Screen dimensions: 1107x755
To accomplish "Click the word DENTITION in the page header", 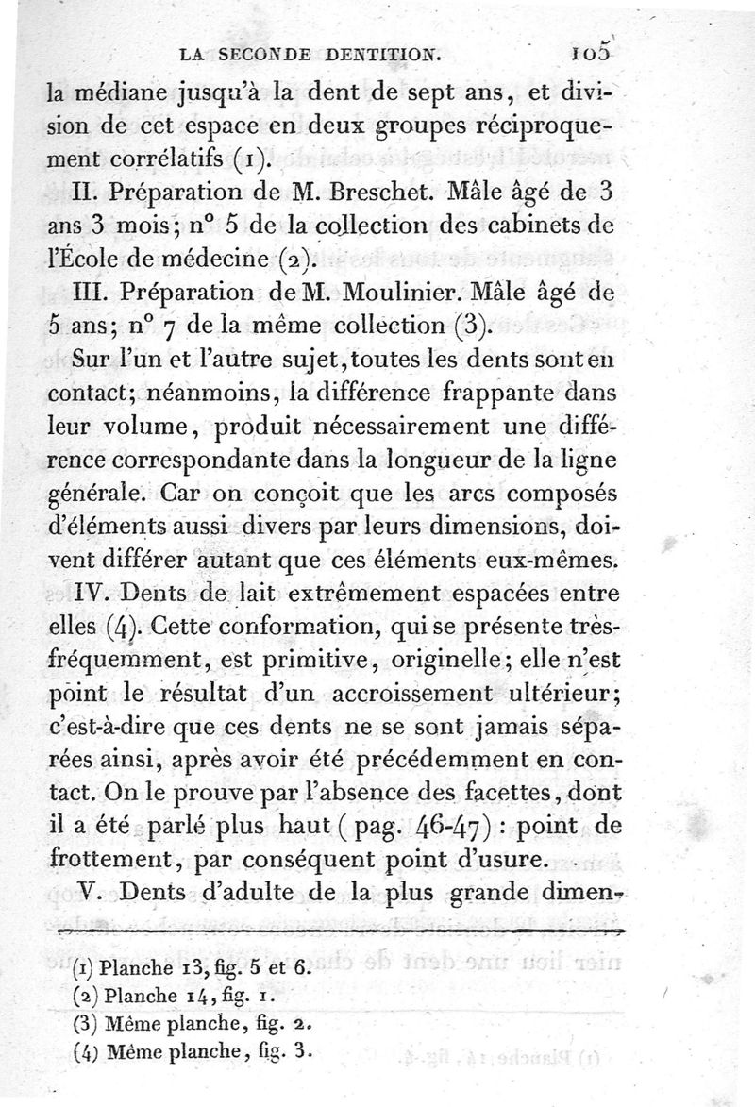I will (385, 56).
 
